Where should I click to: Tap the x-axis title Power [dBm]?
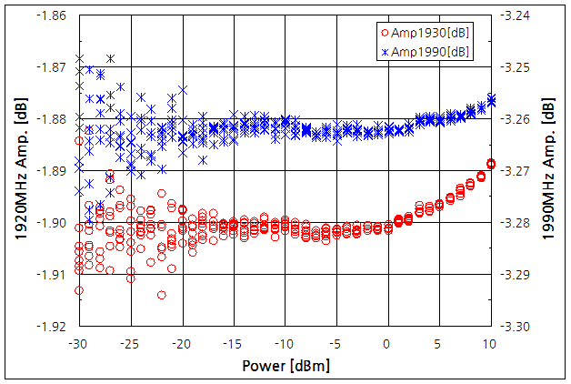tap(285, 366)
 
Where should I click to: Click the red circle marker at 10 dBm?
tap(491, 164)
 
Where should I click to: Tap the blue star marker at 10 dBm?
tap(491, 98)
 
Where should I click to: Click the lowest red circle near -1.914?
tap(162, 295)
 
